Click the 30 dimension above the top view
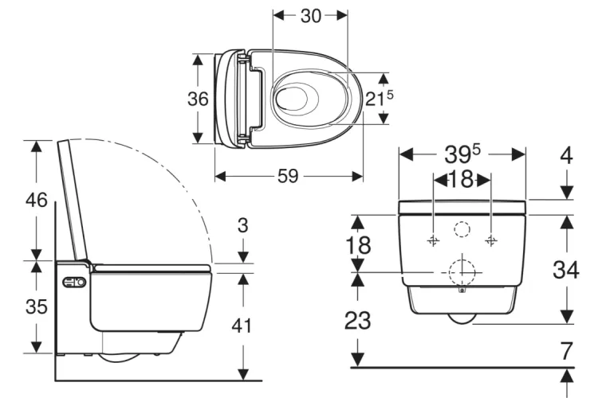click(x=310, y=16)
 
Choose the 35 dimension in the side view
click(x=37, y=306)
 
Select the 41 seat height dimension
click(x=243, y=325)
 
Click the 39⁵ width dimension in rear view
click(x=462, y=153)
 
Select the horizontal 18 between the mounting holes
click(x=462, y=179)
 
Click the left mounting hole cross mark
click(x=433, y=240)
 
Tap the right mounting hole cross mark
click(x=491, y=240)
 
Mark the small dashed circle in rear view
click(x=462, y=229)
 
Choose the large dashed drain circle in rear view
click(x=462, y=272)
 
